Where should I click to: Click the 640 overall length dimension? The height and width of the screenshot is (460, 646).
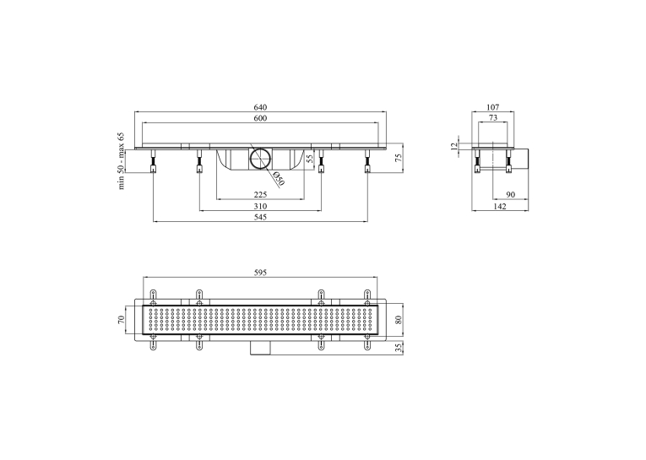260,107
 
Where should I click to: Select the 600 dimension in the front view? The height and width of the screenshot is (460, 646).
260,118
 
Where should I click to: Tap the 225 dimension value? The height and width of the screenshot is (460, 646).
260,194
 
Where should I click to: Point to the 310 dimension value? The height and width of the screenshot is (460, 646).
260,206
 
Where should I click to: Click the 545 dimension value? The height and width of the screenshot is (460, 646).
260,217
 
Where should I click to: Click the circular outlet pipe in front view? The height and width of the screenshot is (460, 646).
260,158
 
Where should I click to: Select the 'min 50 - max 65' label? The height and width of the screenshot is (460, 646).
121,161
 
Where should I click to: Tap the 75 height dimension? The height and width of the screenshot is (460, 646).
399,158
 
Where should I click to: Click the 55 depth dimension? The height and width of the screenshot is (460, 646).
311,158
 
